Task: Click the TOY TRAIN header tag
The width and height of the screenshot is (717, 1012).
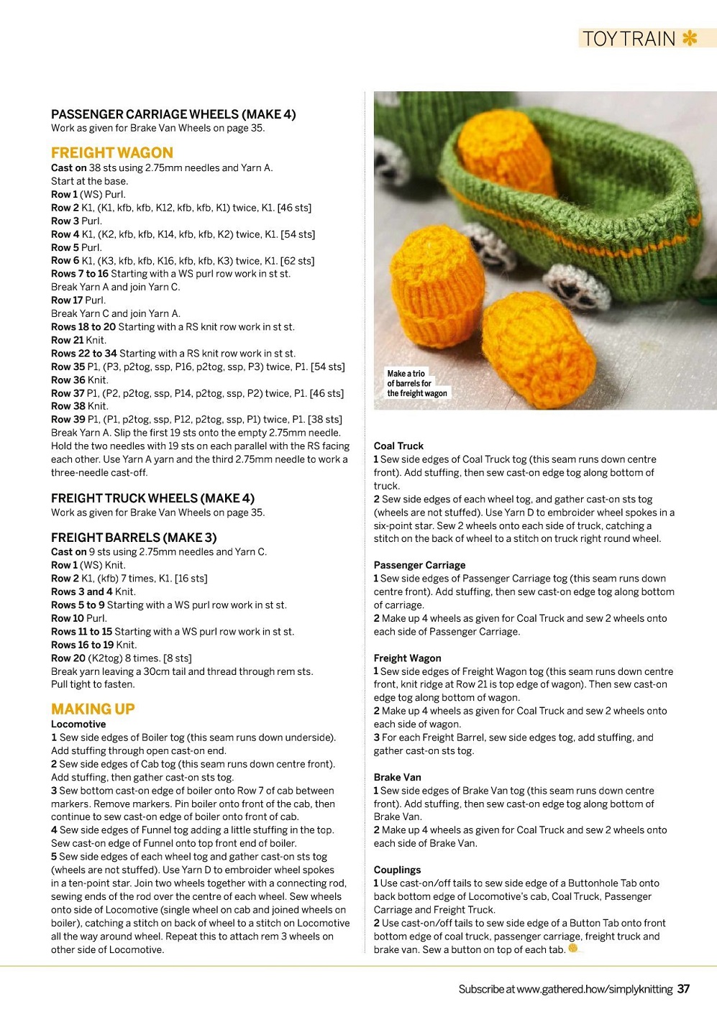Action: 629,38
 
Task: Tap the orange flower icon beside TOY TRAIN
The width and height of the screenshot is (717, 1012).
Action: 690,37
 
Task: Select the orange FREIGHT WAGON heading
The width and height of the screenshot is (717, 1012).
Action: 112,152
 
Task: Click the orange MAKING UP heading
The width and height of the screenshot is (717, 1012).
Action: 93,709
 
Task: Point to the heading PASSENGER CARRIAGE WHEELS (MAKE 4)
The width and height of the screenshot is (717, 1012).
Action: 173,114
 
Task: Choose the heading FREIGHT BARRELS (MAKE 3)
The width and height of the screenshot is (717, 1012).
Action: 134,538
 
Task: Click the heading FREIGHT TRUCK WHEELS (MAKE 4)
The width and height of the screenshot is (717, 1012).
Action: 152,498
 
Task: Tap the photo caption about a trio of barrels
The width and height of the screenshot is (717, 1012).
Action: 416,383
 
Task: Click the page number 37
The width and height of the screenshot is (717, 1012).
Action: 683,989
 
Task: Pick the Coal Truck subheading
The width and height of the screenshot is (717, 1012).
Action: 398,446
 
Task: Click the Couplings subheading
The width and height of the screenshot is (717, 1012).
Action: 397,870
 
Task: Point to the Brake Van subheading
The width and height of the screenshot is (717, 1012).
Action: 397,777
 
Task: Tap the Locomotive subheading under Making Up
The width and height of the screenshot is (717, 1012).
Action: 78,724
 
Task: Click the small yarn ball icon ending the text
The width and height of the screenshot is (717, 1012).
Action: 573,948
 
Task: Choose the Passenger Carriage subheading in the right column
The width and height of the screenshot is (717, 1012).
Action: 419,565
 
